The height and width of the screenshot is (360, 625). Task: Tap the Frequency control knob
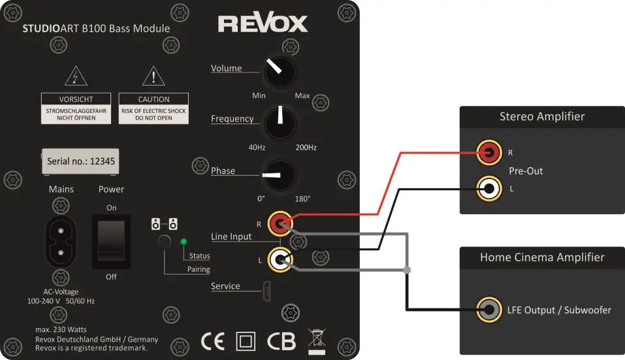(x=279, y=122)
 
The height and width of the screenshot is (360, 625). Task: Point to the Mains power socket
(x=61, y=242)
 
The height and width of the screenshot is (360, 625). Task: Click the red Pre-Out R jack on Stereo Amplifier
(x=489, y=154)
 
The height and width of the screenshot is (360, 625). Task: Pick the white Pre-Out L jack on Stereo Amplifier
(x=489, y=189)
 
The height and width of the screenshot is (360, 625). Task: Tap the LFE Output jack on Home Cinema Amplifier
(x=489, y=309)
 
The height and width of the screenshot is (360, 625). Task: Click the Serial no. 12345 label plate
(x=82, y=161)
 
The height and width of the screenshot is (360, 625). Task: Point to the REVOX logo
(x=263, y=24)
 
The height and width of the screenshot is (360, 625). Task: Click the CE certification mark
(x=212, y=341)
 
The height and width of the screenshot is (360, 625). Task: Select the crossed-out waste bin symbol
(x=317, y=340)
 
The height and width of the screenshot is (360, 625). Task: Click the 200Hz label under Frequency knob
(x=306, y=148)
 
